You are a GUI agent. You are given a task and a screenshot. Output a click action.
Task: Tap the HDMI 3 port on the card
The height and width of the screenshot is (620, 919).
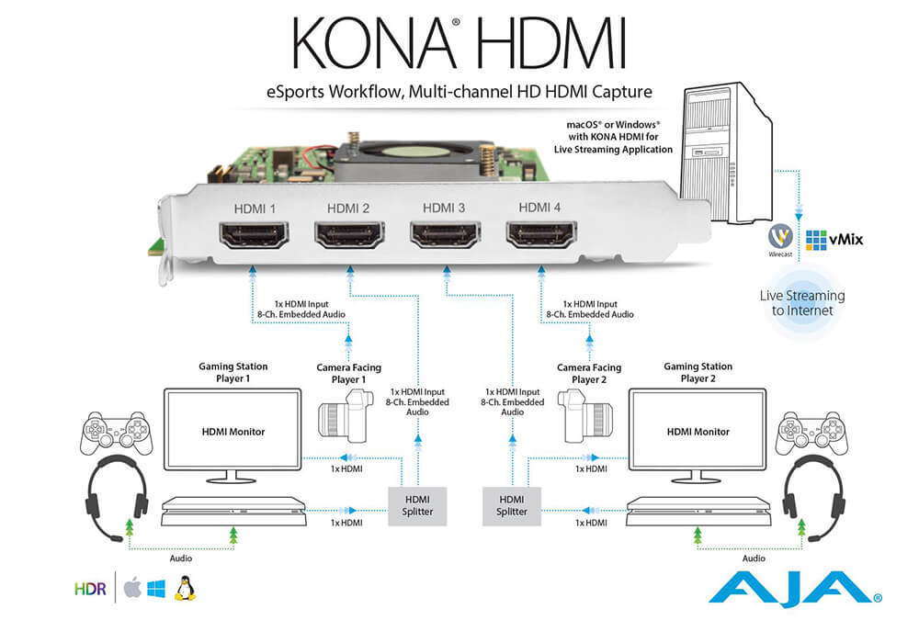point(444,239)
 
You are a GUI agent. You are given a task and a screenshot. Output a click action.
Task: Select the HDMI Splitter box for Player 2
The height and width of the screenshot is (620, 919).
point(512,504)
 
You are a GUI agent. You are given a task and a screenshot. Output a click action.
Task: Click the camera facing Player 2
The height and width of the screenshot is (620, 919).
point(587,415)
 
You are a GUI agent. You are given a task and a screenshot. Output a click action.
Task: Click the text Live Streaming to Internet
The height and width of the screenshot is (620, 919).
point(801,303)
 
